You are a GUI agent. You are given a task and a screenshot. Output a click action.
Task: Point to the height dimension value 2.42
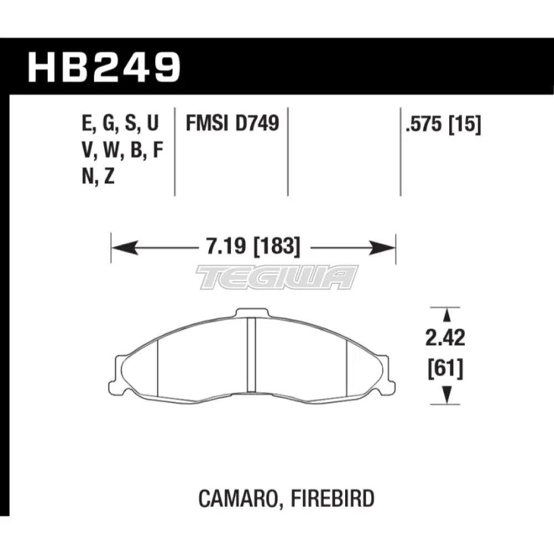pos(445,338)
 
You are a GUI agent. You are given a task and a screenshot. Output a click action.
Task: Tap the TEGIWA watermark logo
pos(278,276)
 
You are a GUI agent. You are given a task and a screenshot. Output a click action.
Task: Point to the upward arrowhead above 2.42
pos(446,315)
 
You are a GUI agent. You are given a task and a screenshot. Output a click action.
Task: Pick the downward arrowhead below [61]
pos(446,394)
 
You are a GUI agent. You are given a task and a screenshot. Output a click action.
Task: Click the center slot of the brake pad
pos(250,355)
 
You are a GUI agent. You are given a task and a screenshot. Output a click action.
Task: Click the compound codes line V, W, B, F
pos(122,151)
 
